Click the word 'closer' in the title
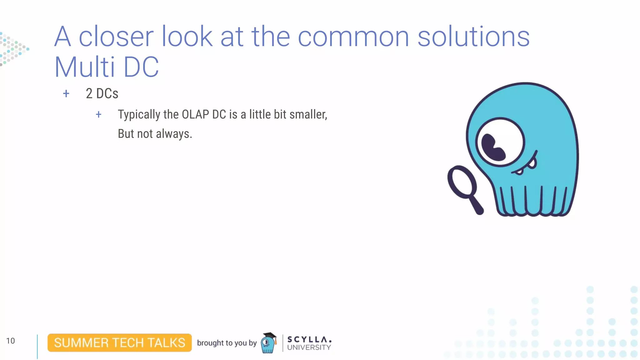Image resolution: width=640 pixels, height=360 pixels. [x=116, y=37]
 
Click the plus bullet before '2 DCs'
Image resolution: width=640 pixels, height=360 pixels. [x=66, y=93]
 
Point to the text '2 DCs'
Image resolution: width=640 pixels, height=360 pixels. [x=102, y=93]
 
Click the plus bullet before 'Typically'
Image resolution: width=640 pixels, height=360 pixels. [x=98, y=114]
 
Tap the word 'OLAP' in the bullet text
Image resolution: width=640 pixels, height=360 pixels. [x=195, y=114]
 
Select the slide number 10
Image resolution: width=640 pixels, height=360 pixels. [x=10, y=341]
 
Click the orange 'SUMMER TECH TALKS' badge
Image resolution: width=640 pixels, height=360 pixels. [x=119, y=342]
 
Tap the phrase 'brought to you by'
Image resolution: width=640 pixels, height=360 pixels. [x=227, y=343]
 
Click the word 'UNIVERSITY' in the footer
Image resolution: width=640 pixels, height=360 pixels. [x=309, y=347]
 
